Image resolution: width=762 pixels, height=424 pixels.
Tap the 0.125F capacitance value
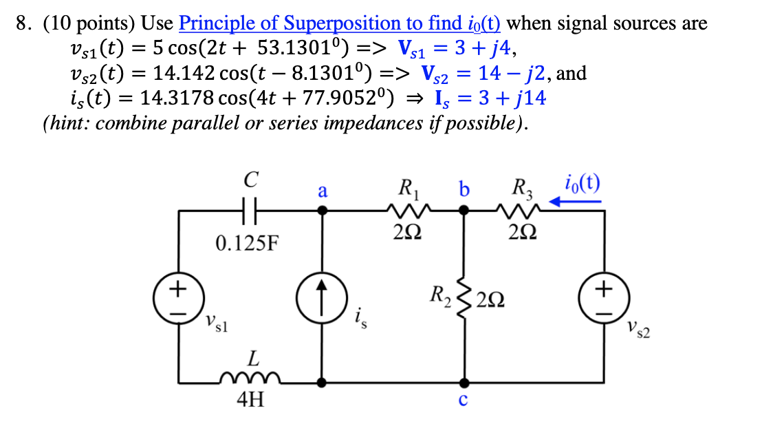[x=248, y=243]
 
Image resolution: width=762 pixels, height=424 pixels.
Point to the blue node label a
[x=322, y=191]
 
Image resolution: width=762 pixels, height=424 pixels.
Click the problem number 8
[x=25, y=23]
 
